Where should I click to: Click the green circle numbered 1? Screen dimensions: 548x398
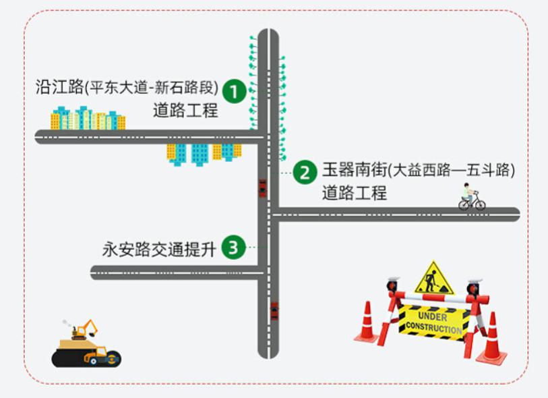(x=235, y=91)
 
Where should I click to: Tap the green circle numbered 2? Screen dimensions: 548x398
(x=305, y=172)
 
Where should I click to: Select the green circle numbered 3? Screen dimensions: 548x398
(x=233, y=248)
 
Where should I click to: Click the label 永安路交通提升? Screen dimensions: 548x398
(x=159, y=250)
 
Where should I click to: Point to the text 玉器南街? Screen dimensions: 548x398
(x=355, y=170)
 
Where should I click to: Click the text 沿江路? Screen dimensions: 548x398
(x=59, y=87)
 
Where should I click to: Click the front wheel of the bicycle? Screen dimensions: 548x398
(x=480, y=205)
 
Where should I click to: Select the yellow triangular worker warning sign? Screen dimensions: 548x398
(x=434, y=278)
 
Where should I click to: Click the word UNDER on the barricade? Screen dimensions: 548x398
(x=432, y=316)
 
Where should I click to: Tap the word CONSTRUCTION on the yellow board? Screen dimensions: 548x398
(x=433, y=328)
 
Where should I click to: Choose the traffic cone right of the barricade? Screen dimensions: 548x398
(x=492, y=338)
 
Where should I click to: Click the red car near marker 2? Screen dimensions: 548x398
(x=262, y=188)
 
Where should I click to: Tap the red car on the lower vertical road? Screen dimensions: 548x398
(x=275, y=311)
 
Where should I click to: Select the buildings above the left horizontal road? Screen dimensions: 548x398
(x=88, y=118)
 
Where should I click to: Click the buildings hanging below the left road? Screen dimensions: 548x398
(x=204, y=154)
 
